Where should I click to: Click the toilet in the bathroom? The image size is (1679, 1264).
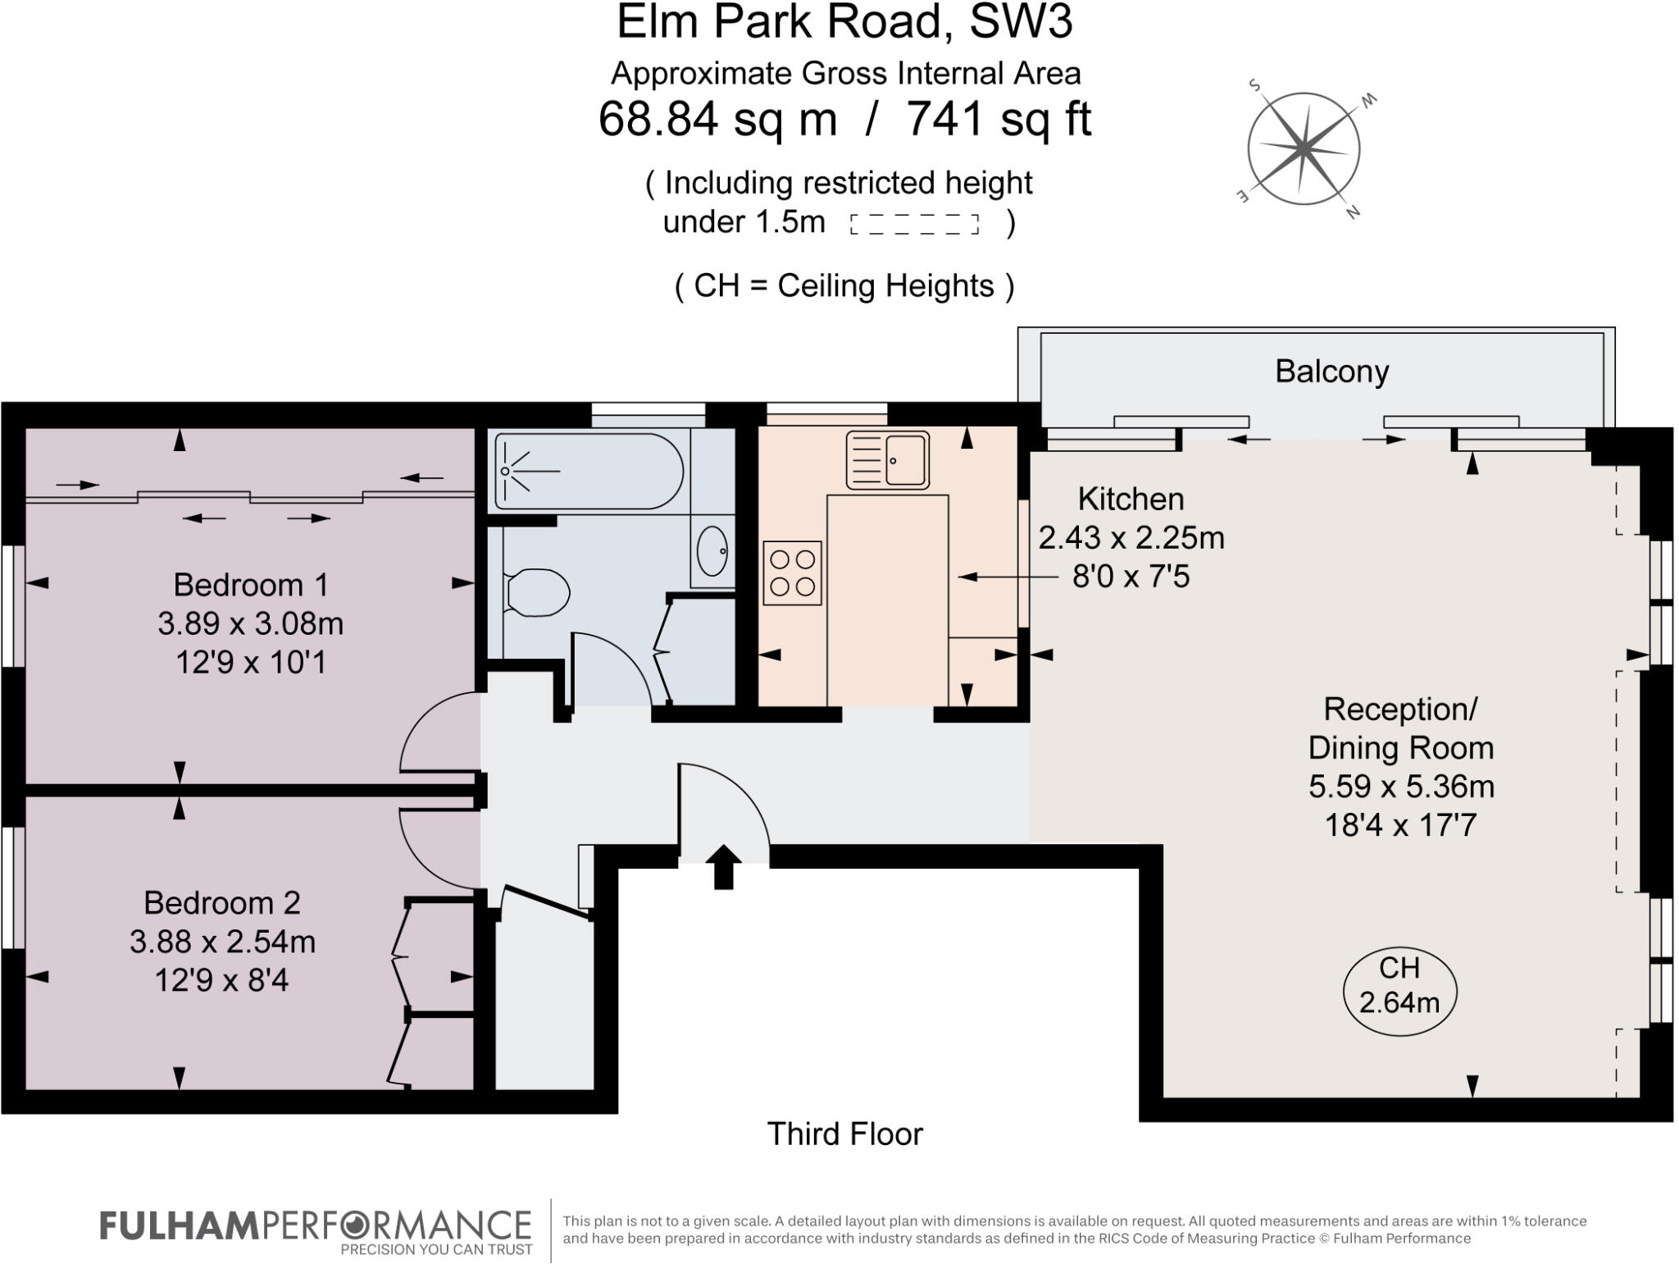(x=537, y=592)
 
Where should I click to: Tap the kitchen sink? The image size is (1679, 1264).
(x=888, y=460)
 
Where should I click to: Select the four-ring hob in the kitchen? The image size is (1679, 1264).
(x=792, y=573)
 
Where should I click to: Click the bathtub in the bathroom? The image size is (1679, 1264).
(x=589, y=472)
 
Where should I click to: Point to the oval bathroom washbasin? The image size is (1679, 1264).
(x=712, y=551)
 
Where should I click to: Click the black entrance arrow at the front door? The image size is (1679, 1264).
(x=723, y=867)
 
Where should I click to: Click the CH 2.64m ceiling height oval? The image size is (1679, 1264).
(x=1399, y=992)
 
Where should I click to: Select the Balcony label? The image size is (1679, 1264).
(x=1331, y=372)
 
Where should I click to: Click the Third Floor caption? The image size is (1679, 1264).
(x=844, y=1134)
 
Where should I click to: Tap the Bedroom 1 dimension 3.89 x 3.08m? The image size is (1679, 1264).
(x=250, y=624)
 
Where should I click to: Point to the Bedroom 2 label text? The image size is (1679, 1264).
(x=222, y=903)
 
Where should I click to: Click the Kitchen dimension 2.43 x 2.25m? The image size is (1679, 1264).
(x=1131, y=538)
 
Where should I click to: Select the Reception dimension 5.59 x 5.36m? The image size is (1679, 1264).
(x=1401, y=787)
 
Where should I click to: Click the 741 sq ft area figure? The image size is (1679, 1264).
(x=998, y=120)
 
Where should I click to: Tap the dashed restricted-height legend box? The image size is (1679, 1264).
(x=914, y=224)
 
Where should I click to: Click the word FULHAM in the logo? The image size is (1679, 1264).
(x=179, y=1226)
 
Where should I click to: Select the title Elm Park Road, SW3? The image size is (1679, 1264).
(x=844, y=22)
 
